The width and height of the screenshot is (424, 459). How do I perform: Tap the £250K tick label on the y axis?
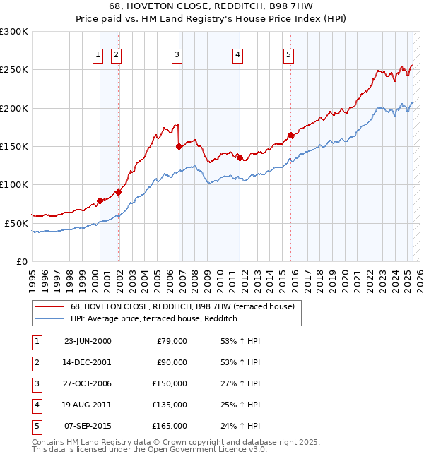click(x=14, y=70)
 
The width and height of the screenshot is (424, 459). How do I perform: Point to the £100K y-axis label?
click(x=14, y=184)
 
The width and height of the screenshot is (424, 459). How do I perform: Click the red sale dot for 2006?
click(x=179, y=146)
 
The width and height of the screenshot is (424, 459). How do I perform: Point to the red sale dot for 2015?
click(x=290, y=135)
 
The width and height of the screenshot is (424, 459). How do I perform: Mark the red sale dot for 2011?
click(x=240, y=157)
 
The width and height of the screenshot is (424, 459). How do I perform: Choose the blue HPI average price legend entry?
click(x=153, y=319)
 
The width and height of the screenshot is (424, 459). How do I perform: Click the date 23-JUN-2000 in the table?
click(x=88, y=341)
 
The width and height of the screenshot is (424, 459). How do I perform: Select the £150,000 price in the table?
click(x=170, y=383)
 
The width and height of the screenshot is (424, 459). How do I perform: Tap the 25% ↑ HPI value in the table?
click(x=240, y=405)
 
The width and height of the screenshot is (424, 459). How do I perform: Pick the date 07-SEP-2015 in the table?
click(x=88, y=426)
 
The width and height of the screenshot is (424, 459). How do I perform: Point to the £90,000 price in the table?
click(x=172, y=362)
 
